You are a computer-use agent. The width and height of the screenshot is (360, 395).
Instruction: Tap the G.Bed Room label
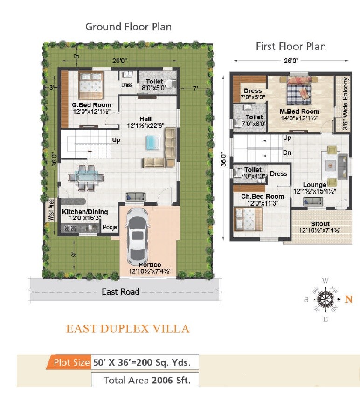(x=91, y=105)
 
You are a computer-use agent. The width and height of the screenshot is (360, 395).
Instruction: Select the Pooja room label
(x=109, y=228)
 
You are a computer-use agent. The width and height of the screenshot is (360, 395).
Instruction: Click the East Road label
(x=120, y=292)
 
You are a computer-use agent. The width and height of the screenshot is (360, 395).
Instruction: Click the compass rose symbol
(x=325, y=299)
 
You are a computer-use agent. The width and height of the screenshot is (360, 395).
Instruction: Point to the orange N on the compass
(x=348, y=299)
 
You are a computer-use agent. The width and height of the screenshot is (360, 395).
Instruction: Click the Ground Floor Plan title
(x=128, y=27)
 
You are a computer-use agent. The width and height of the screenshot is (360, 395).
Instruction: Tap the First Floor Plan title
(x=291, y=46)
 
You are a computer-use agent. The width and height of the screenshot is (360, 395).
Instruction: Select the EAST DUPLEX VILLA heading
(x=128, y=329)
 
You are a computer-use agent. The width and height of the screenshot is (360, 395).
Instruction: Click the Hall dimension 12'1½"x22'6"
(x=148, y=126)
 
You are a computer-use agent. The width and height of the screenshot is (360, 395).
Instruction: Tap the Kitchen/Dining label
(x=85, y=212)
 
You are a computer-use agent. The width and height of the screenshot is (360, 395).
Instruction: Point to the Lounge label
(x=314, y=185)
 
